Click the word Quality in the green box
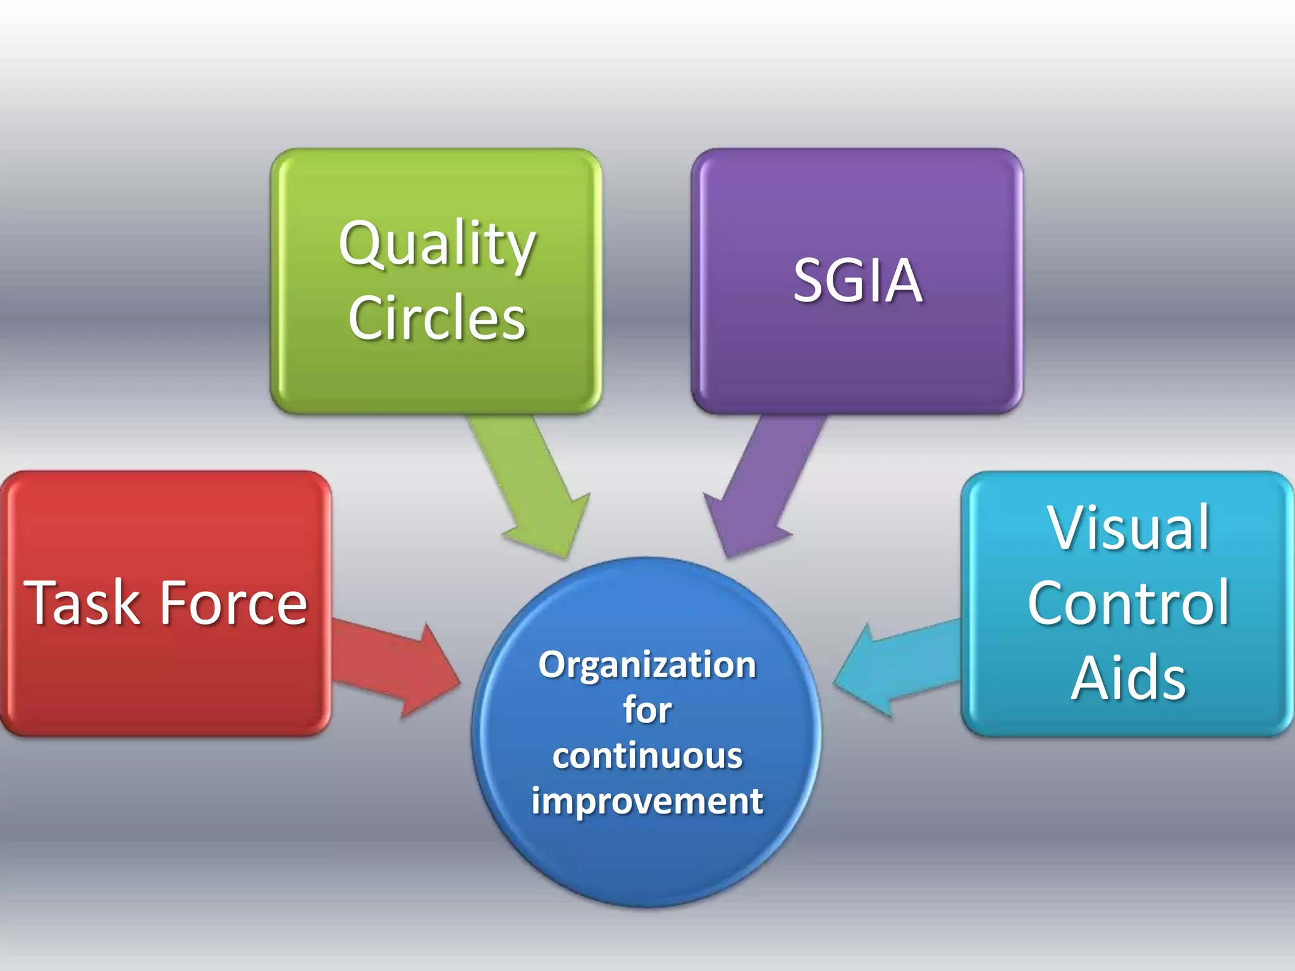tap(437, 245)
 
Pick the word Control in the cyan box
tap(1129, 604)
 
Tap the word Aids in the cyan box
tap(1129, 678)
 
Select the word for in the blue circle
tap(647, 710)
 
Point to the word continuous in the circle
tap(647, 756)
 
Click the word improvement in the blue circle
tap(647, 802)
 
